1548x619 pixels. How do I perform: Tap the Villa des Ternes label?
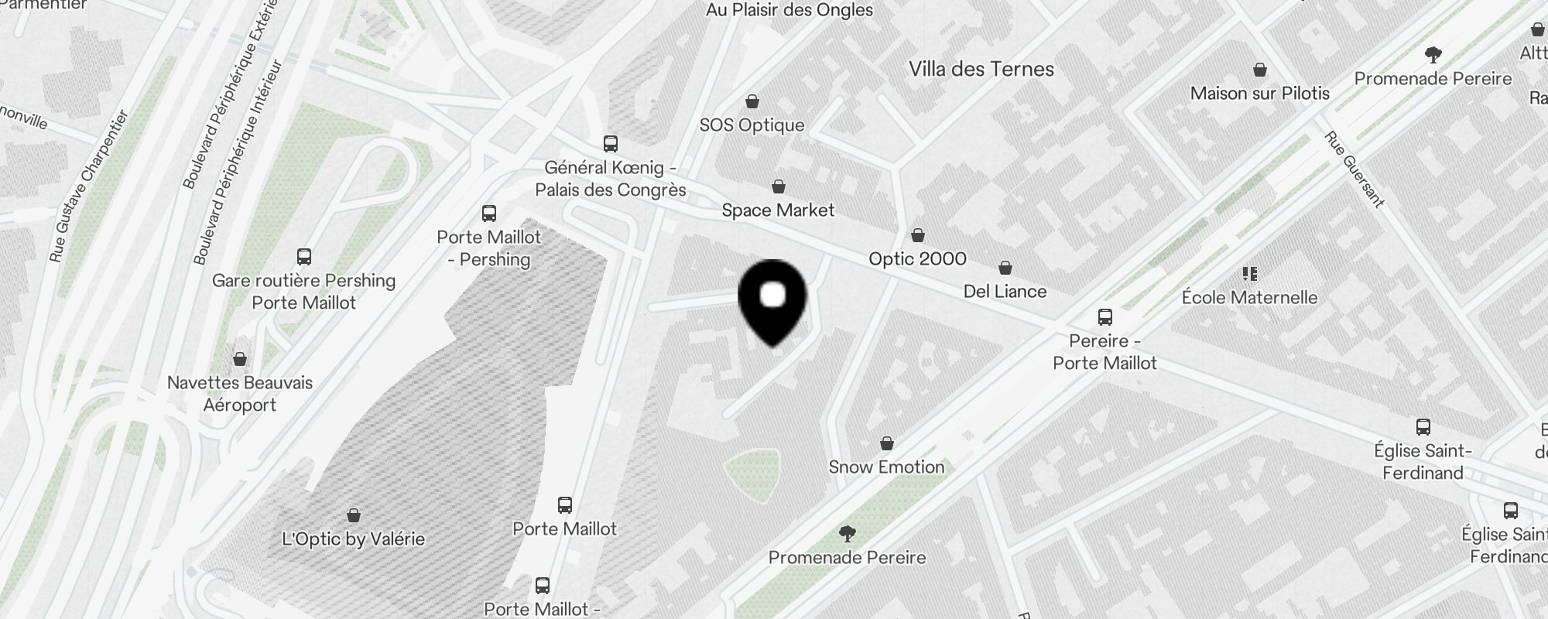[981, 69]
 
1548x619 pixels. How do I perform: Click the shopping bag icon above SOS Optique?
[752, 101]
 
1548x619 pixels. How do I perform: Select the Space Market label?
[778, 210]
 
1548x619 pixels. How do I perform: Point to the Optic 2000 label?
[917, 258]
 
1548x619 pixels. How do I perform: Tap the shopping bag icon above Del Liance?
[1005, 268]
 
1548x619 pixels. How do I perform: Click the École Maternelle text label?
[1249, 297]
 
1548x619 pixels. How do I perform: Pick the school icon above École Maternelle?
[1249, 273]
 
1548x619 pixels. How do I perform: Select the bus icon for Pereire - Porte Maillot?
[1104, 316]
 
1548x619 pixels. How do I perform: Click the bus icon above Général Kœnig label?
[610, 143]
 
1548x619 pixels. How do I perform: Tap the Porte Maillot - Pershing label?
[489, 248]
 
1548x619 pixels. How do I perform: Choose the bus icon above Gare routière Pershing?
[303, 256]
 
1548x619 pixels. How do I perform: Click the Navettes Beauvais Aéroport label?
[240, 393]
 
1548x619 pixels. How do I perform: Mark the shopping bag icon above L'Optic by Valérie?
[353, 515]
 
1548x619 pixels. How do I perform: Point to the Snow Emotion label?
[886, 467]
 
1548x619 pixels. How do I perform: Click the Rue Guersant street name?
[1354, 169]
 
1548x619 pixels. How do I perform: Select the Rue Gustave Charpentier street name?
[88, 186]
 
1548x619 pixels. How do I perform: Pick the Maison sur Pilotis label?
[1259, 94]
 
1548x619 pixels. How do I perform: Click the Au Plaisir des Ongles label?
[789, 10]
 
